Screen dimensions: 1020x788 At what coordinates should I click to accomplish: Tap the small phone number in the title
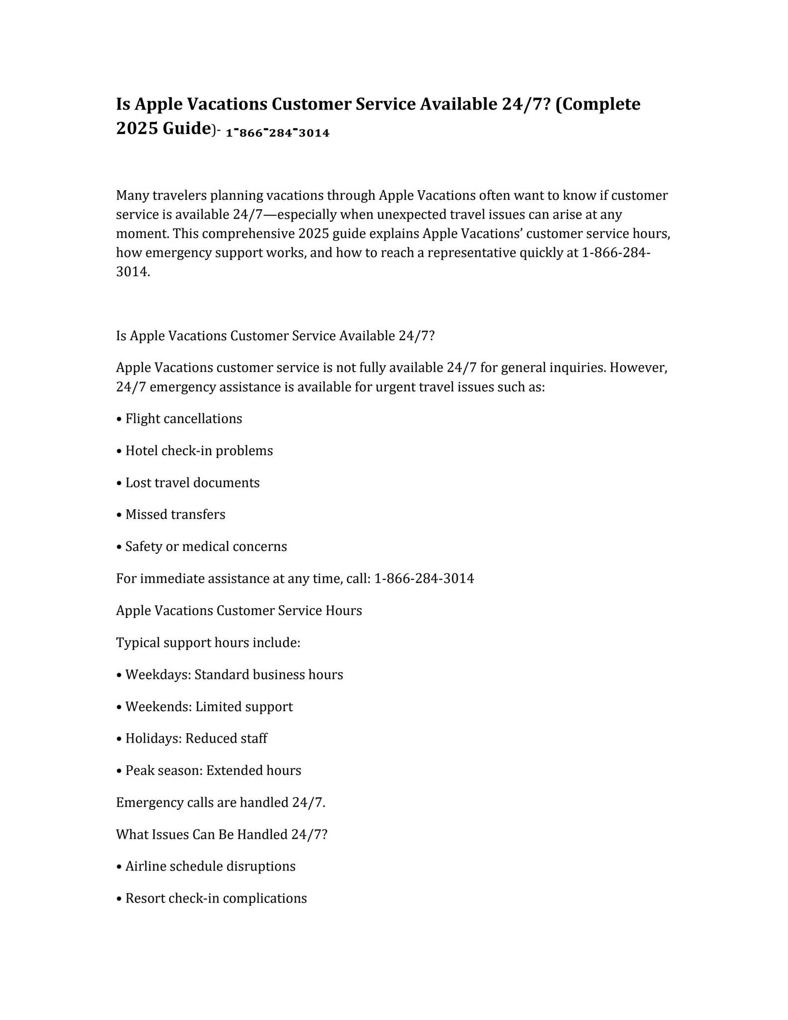tap(277, 133)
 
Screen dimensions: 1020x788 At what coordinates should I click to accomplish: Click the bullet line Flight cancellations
tap(183, 419)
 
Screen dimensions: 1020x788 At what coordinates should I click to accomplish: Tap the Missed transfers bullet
tap(175, 514)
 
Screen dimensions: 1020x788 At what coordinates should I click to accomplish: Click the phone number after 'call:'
tap(424, 579)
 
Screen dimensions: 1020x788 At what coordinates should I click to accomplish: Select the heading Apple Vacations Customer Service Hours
tap(239, 611)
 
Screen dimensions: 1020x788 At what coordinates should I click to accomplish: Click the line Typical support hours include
tap(208, 642)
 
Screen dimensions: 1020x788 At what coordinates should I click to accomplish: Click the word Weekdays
tap(158, 675)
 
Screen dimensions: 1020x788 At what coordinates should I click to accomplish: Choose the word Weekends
tap(158, 707)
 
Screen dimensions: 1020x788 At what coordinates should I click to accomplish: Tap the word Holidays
tap(153, 739)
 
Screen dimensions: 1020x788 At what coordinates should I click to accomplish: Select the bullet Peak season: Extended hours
tap(213, 770)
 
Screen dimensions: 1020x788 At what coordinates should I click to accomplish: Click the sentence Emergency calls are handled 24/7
tap(221, 802)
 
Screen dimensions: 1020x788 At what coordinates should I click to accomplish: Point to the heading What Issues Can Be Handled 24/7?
tap(222, 834)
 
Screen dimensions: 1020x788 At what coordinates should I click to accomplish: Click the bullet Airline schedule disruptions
tap(210, 866)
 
